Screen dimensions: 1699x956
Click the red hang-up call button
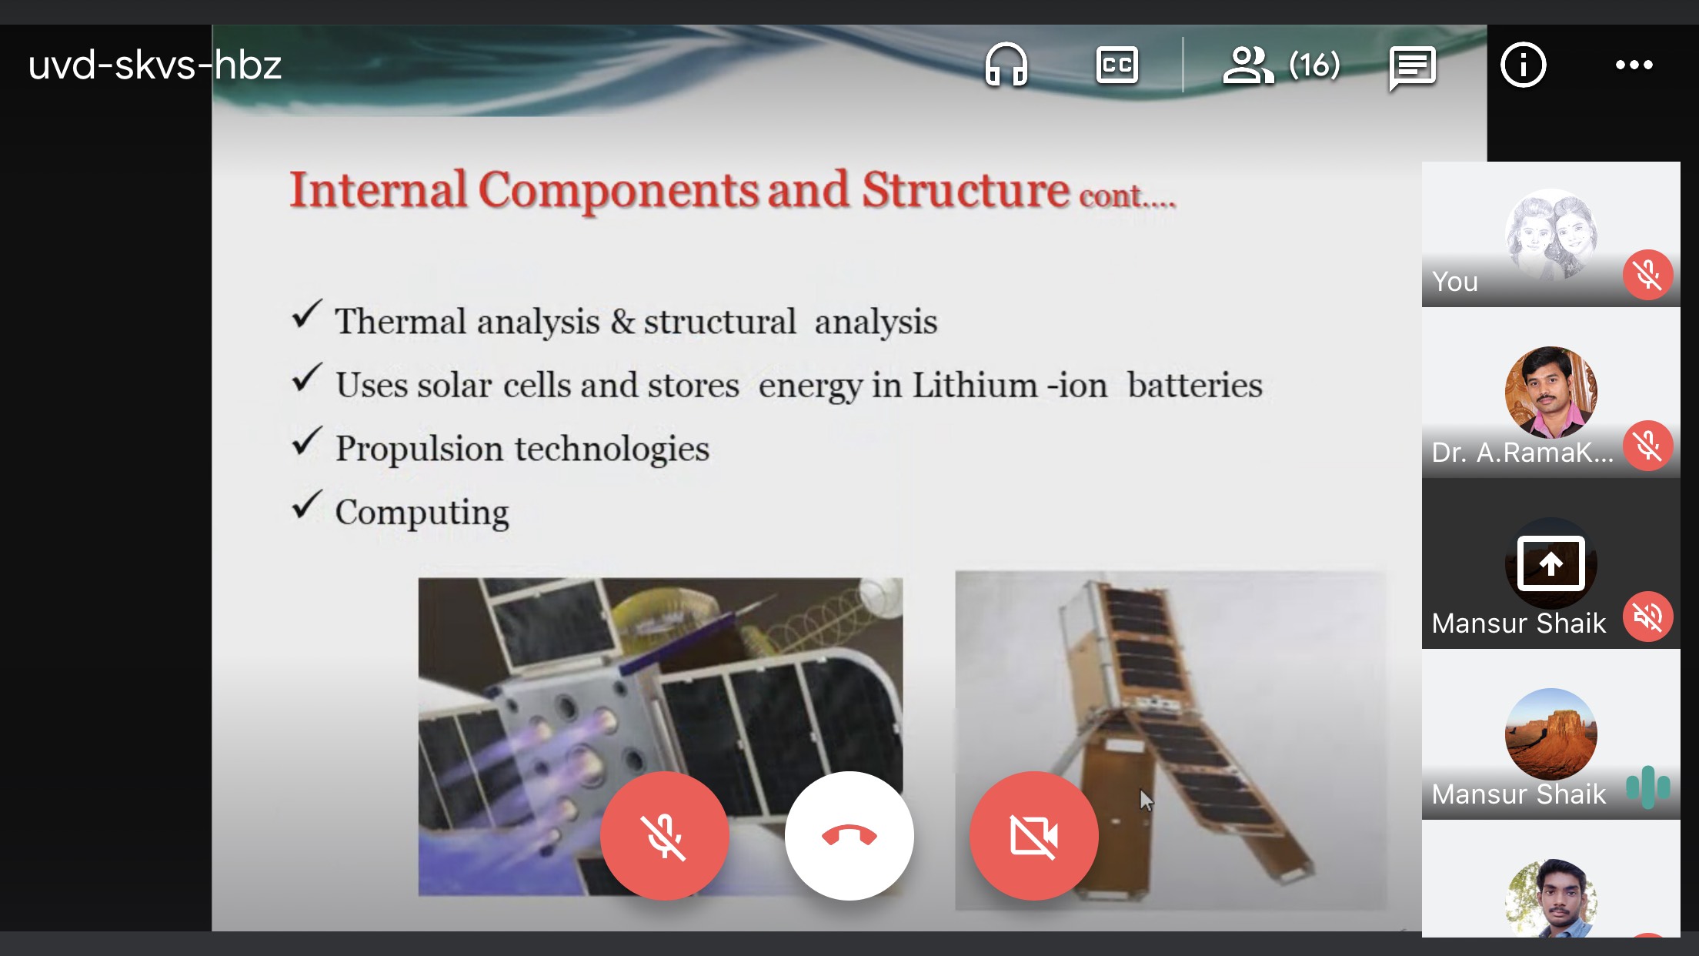849,835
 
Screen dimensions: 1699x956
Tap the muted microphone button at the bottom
665,835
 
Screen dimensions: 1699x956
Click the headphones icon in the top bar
1006,65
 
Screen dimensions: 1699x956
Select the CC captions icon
1117,65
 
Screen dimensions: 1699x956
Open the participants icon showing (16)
1281,65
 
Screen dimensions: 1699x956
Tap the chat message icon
1413,67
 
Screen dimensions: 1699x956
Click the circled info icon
1524,65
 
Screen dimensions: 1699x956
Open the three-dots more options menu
1634,65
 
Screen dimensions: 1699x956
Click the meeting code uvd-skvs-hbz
155,65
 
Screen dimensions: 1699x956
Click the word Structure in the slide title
966,189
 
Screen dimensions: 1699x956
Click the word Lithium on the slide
975,384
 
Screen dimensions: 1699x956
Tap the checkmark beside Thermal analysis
307,316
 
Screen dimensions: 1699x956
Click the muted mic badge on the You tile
1648,275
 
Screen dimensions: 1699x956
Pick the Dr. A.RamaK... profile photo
1551,393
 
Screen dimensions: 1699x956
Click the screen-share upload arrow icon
1551,563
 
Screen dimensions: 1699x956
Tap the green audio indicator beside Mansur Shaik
1648,787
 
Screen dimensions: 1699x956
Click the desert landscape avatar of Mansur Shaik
1551,734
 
